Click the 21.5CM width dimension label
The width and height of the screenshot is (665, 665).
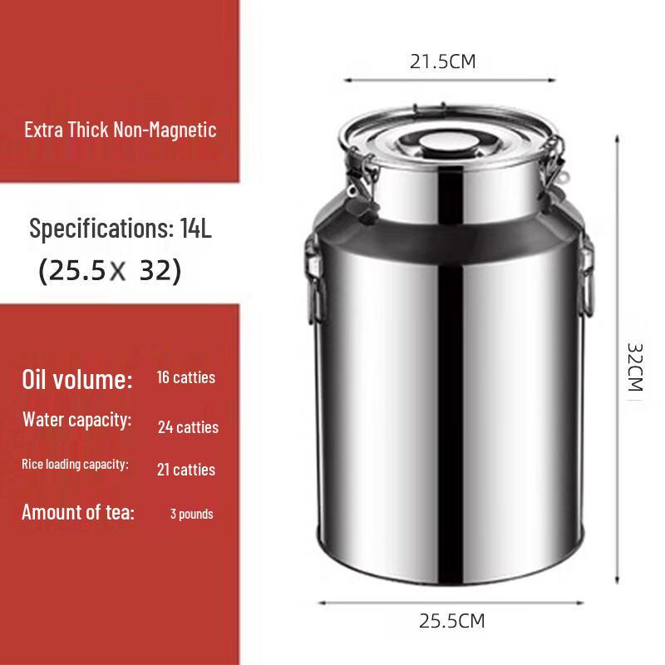(x=443, y=62)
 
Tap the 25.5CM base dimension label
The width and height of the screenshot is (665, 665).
(x=451, y=621)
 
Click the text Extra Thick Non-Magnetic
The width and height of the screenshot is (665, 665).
(x=121, y=130)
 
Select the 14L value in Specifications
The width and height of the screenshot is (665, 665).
(x=196, y=229)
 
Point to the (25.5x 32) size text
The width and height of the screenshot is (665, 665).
(x=110, y=272)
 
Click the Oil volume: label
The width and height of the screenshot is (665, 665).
(x=77, y=381)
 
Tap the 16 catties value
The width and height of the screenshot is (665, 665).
(x=186, y=377)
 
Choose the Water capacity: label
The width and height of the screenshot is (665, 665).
(x=77, y=420)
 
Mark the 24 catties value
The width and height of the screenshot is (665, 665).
(x=189, y=427)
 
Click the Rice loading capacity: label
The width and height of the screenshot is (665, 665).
(x=75, y=464)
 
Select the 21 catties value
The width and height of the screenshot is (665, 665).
(x=186, y=470)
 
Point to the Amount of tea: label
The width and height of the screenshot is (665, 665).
(x=78, y=512)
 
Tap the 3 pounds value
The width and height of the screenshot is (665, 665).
(x=192, y=514)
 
